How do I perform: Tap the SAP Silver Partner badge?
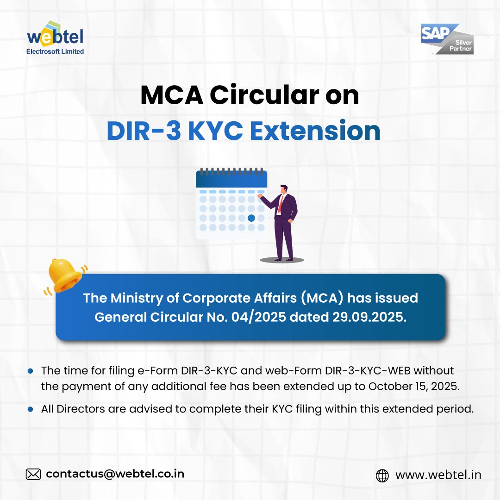click(447, 40)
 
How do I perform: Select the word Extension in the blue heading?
click(315, 131)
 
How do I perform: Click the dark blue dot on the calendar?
click(251, 218)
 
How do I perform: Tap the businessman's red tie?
click(280, 204)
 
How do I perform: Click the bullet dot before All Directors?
click(31, 409)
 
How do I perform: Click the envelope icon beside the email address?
click(33, 474)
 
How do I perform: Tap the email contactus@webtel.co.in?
click(115, 474)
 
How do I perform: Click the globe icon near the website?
click(382, 475)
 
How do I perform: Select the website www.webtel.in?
click(438, 475)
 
